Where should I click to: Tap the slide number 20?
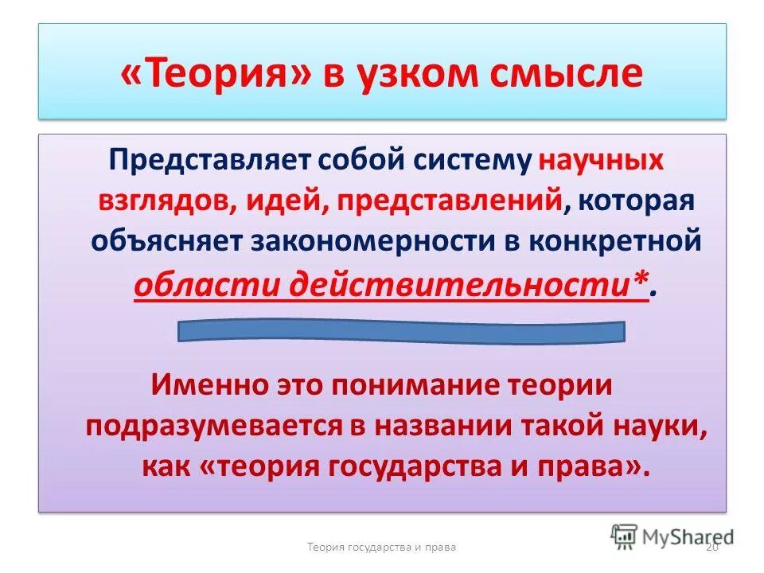(x=712, y=547)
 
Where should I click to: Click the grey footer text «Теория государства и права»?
(x=381, y=548)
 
